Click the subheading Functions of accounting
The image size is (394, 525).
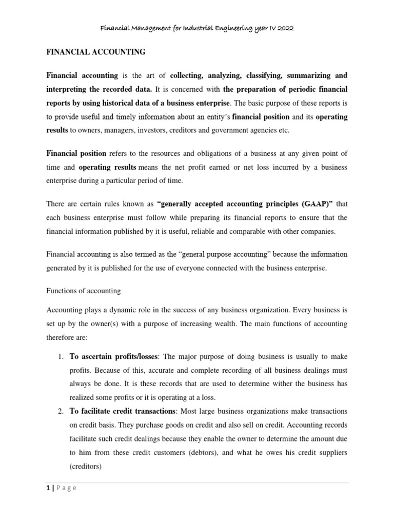[83, 291]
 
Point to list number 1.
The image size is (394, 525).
[60, 356]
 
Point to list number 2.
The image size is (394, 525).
[60, 411]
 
